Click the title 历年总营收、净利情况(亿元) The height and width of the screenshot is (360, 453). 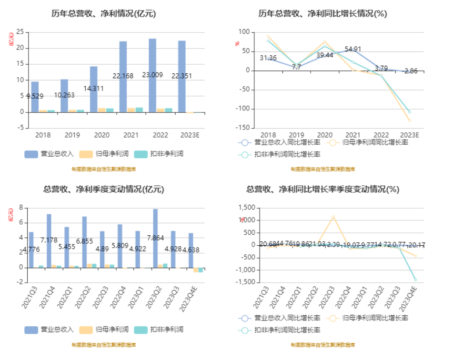[103, 14]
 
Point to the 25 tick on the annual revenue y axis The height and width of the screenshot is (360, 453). [20, 32]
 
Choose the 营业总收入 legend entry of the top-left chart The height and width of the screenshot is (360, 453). [49, 154]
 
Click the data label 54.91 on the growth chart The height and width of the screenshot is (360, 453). [353, 49]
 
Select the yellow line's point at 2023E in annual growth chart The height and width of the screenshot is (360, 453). [409, 120]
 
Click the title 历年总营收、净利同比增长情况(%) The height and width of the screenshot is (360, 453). [322, 14]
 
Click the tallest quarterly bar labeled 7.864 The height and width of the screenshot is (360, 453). [155, 238]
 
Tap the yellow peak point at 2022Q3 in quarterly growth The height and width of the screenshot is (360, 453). [333, 217]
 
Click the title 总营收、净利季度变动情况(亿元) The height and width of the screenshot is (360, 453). [103, 190]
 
